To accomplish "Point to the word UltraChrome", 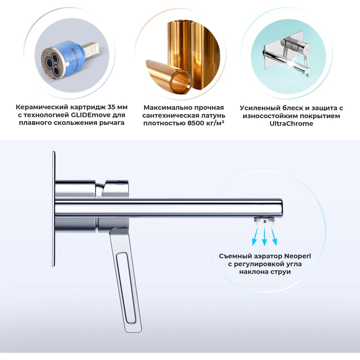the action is pos(291,123).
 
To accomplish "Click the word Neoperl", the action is pos(298,256).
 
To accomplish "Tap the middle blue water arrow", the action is pos(265,236).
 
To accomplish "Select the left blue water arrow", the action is pos(255,236).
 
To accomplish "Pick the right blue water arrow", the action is pos(274,236).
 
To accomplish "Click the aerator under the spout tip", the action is pos(265,220).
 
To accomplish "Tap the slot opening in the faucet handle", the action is pos(126,288).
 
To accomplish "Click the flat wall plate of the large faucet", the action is pos(54,209).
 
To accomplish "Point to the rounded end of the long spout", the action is pos(280,208).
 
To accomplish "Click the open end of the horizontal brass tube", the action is pos(181,81).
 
